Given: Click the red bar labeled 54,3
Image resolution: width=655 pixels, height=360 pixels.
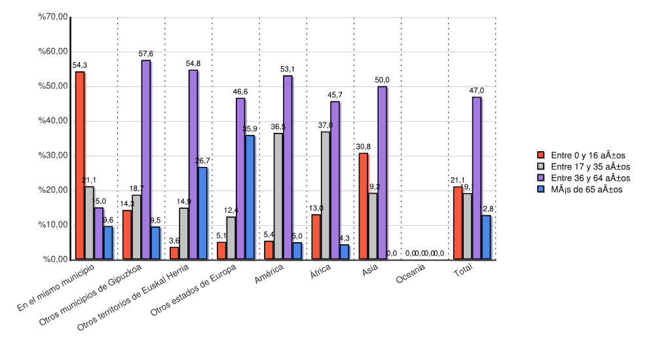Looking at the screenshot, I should (x=79, y=166).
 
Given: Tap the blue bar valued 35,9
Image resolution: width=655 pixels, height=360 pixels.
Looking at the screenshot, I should (x=250, y=197).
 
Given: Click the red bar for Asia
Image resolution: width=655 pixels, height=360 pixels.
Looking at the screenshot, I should (x=363, y=206).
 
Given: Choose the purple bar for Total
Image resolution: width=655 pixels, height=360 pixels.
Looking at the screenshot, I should (x=476, y=178).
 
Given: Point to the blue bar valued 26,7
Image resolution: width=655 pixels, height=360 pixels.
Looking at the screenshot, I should (x=202, y=213).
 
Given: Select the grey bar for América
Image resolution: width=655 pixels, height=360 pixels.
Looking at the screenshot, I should (x=278, y=196).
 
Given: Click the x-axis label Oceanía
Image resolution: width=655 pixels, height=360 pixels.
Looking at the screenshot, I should (x=411, y=278).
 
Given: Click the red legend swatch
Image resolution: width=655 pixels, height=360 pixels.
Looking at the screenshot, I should (x=541, y=155).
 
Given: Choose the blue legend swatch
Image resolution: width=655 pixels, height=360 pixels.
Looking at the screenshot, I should (x=541, y=189).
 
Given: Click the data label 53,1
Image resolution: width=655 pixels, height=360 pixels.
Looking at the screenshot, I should (x=288, y=69).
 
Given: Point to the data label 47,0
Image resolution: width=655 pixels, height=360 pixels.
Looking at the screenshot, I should (x=477, y=90).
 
